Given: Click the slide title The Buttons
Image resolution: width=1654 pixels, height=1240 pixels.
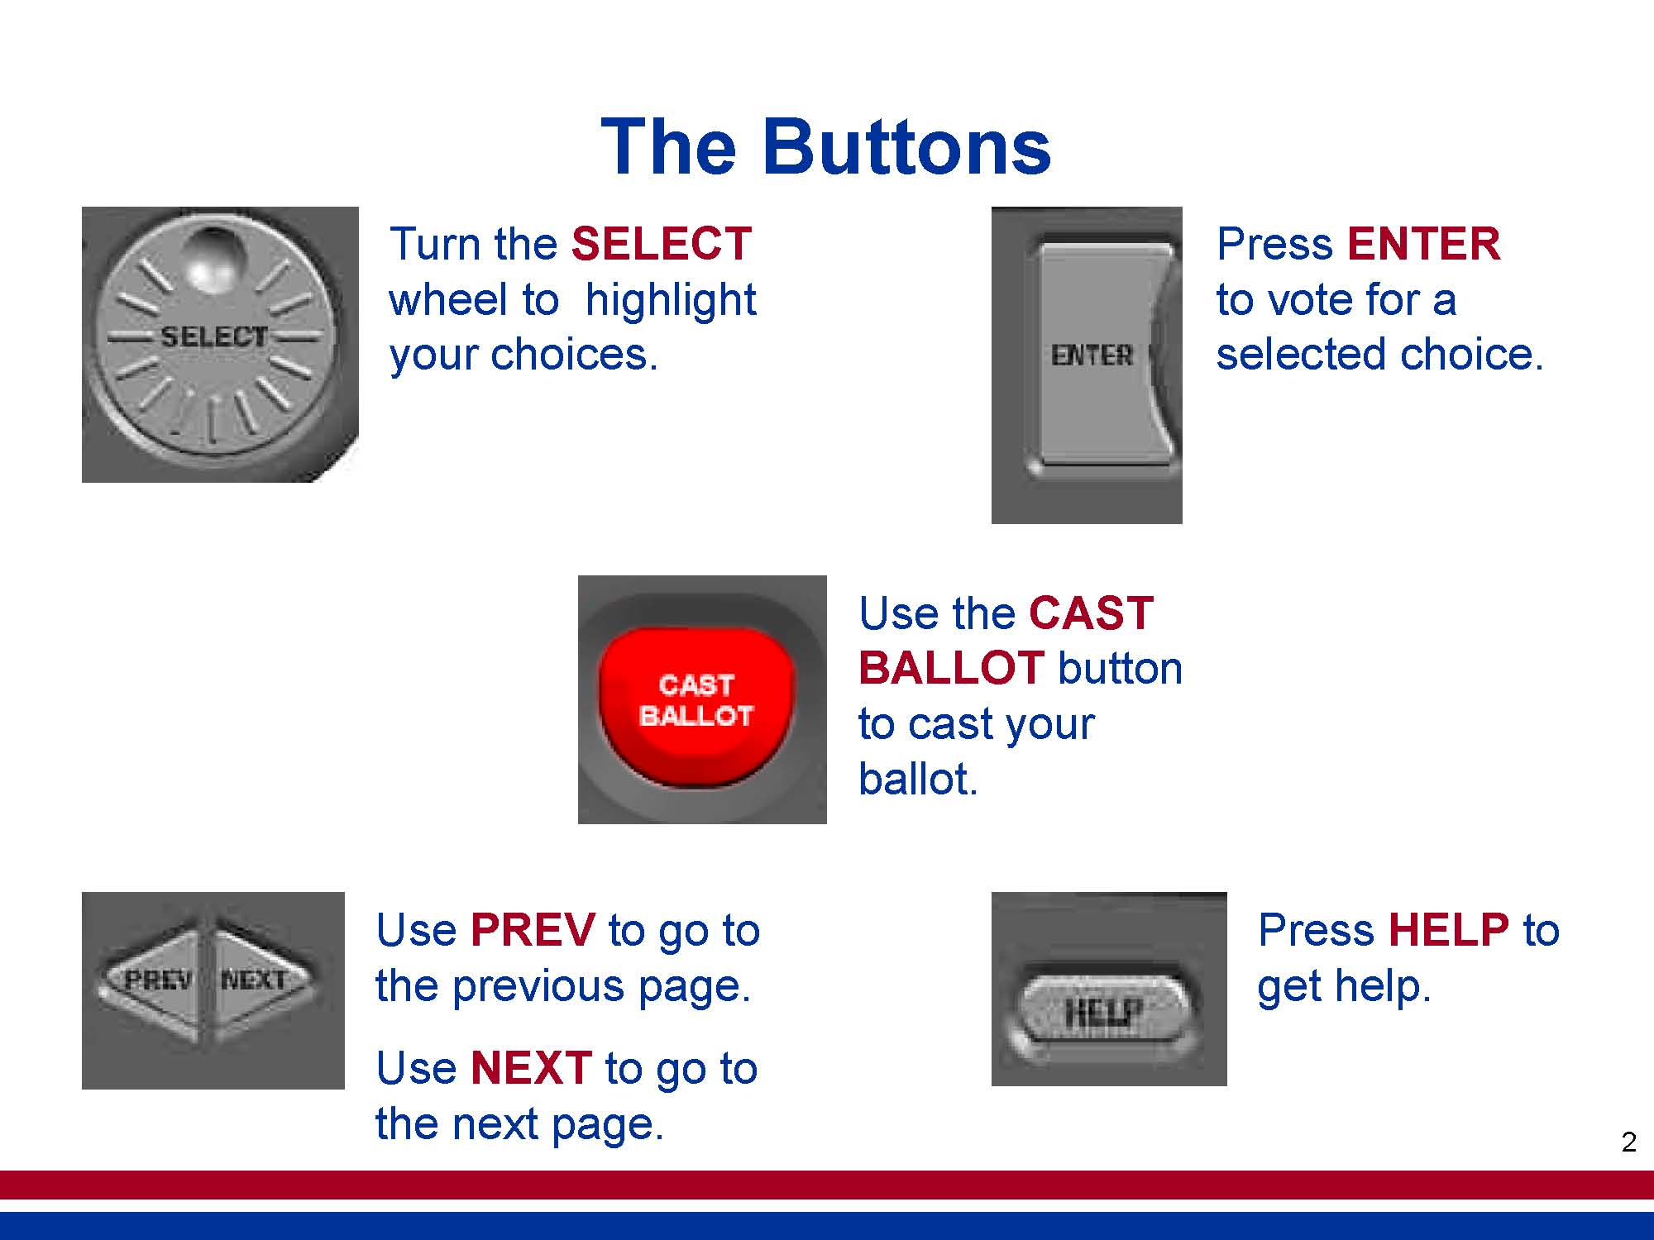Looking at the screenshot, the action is [825, 147].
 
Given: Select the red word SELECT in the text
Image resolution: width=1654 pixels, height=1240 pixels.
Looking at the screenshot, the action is [661, 244].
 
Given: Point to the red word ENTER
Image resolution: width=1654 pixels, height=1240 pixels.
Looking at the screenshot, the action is [1423, 244].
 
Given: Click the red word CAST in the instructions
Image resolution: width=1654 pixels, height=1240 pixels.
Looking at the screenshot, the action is [1091, 613].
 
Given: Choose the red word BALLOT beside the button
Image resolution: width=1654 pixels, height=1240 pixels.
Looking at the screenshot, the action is [952, 668].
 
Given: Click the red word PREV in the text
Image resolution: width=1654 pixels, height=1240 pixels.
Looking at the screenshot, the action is [533, 930].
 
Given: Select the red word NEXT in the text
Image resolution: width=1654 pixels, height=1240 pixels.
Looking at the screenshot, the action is [531, 1068].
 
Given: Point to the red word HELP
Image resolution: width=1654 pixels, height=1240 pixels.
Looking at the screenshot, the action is [1449, 930].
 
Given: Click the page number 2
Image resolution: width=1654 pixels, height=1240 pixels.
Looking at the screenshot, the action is [1628, 1142].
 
